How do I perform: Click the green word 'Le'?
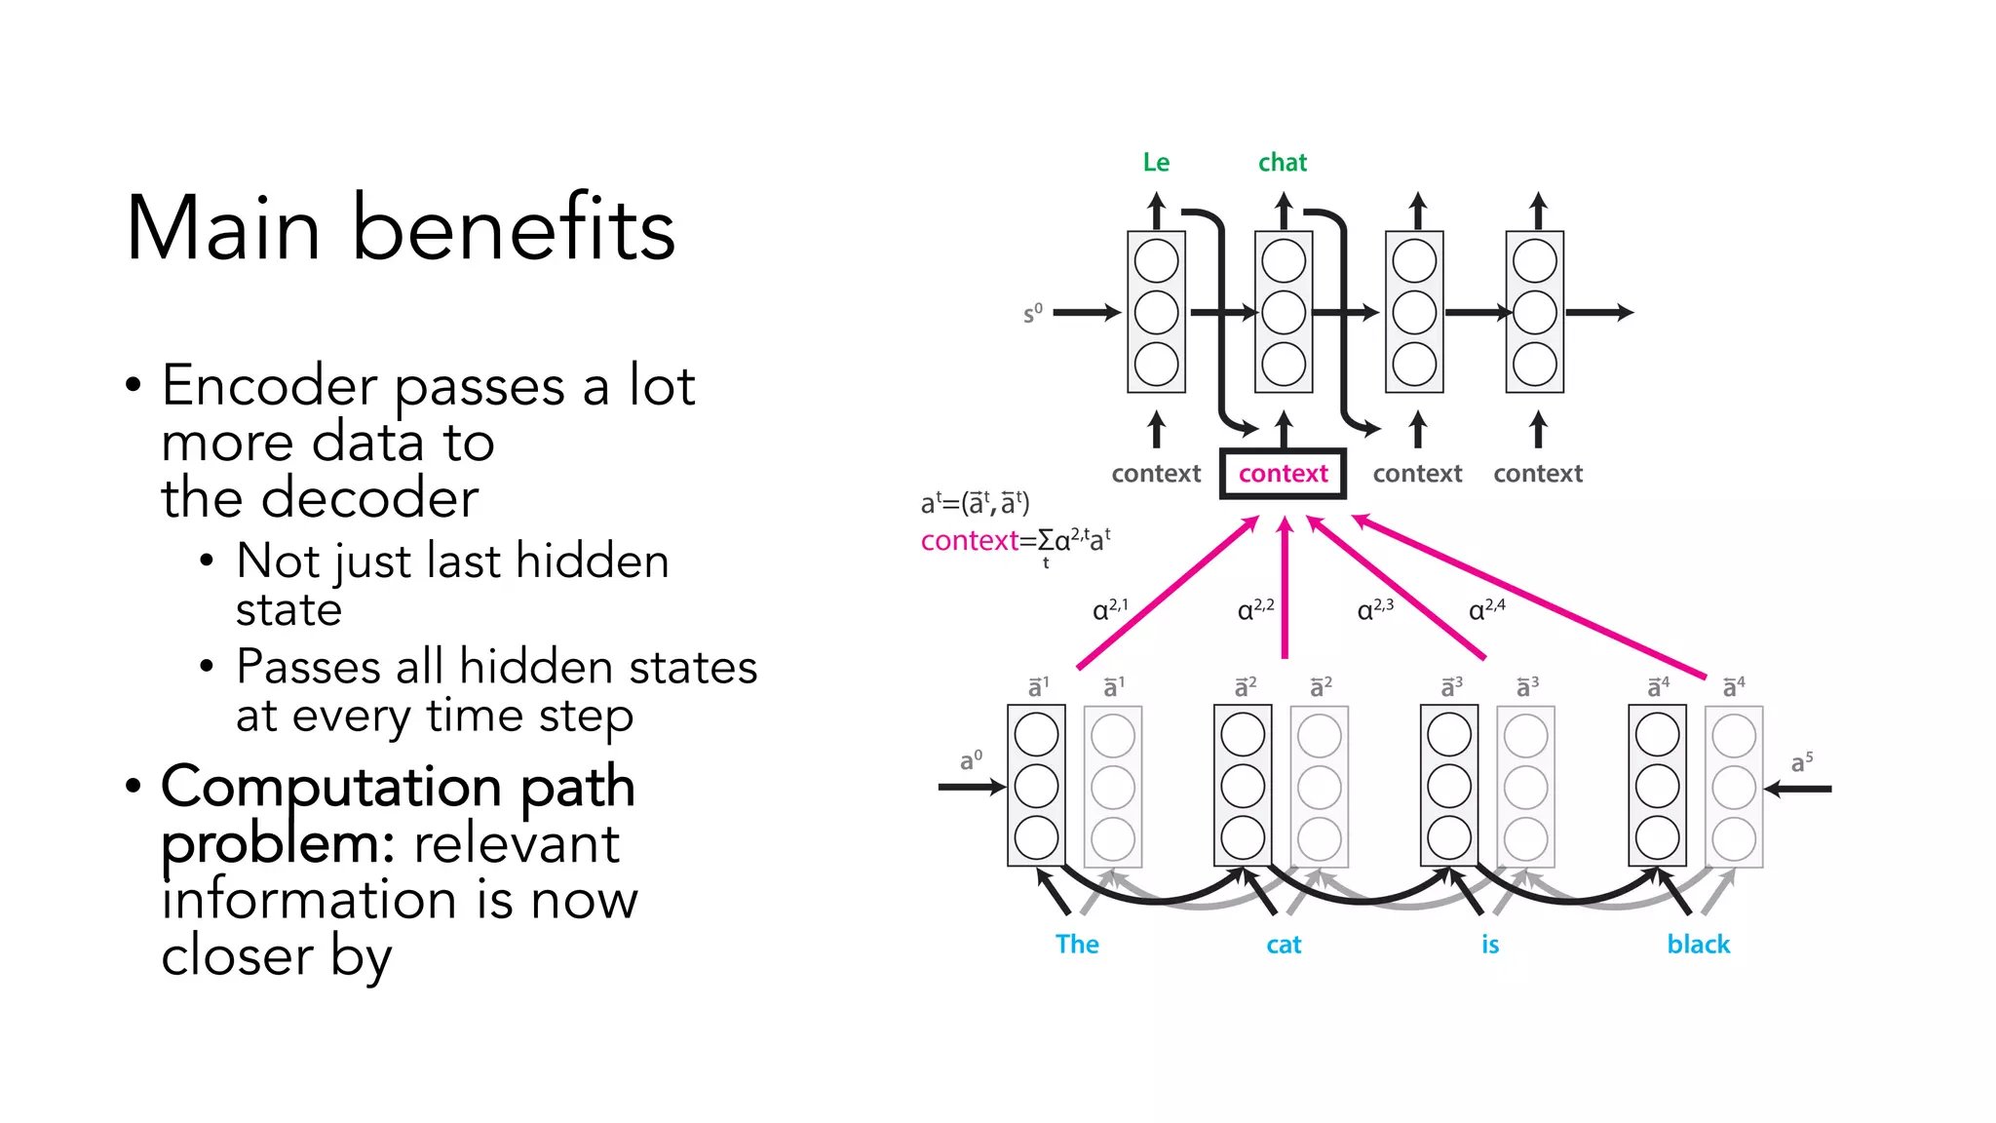[x=1156, y=162]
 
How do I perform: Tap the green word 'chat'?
[x=1282, y=162]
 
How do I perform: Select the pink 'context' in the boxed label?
[x=1283, y=474]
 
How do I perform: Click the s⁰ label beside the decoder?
[x=1032, y=314]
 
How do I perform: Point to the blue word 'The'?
[x=1077, y=944]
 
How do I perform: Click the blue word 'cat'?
[x=1284, y=945]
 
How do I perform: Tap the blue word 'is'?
[x=1490, y=944]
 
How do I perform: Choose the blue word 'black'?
[x=1698, y=944]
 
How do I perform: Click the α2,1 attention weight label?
[x=1110, y=609]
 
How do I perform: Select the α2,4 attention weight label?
[x=1486, y=609]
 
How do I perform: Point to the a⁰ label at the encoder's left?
[x=971, y=760]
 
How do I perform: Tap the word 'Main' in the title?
[x=223, y=229]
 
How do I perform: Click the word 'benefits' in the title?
[x=514, y=229]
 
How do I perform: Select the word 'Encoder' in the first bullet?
[x=269, y=385]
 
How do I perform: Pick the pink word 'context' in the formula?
[x=969, y=541]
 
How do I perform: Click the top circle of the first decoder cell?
[x=1156, y=261]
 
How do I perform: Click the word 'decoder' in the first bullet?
[x=385, y=498]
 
